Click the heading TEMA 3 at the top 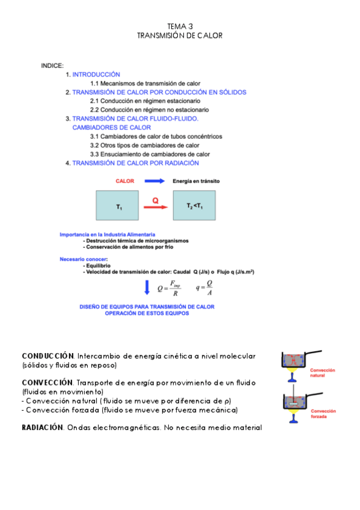180,26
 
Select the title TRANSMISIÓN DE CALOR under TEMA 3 180,35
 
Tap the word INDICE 52,65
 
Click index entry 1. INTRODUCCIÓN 93,74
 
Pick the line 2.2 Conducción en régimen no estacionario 150,110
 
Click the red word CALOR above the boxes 125,180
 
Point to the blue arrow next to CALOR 154,180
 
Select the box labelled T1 120,205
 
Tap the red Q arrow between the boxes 155,207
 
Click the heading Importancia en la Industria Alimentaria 107,234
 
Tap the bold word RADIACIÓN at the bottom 42,427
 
